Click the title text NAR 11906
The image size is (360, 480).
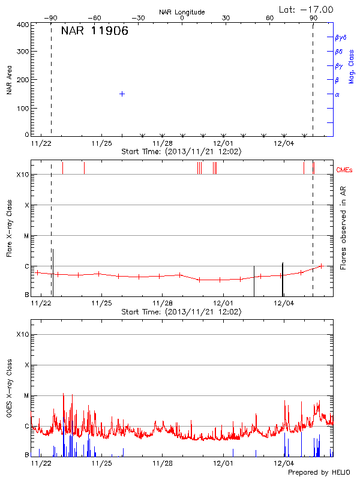tap(94, 32)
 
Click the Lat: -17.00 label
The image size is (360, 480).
tap(307, 9)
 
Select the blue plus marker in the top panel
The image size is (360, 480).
tap(122, 94)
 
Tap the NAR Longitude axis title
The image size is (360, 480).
tap(182, 12)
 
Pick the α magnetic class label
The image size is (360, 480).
tap(337, 94)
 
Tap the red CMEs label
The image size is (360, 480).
tap(346, 170)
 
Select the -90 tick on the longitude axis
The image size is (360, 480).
tap(52, 19)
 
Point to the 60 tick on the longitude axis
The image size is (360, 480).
tap(270, 19)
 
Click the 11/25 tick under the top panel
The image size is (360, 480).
tap(101, 143)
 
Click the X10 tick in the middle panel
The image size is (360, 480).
tap(22, 175)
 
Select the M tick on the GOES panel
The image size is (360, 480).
tap(26, 396)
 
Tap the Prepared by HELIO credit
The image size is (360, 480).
tap(319, 473)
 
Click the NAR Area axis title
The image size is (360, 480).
tap(9, 80)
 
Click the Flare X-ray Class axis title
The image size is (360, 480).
tap(9, 228)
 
